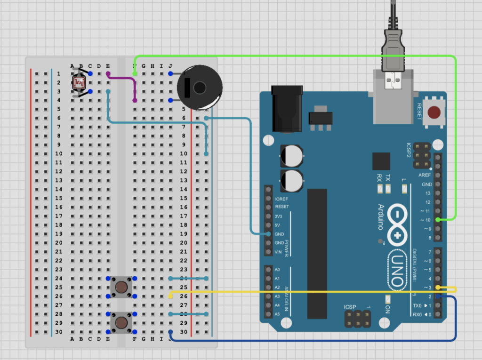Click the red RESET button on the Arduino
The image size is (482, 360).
click(x=435, y=112)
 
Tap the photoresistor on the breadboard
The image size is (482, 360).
click(x=79, y=83)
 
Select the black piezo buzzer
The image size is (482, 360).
click(x=199, y=88)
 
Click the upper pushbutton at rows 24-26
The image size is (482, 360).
click(x=121, y=287)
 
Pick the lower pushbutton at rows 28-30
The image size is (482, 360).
click(x=121, y=322)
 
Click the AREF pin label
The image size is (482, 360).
click(x=425, y=175)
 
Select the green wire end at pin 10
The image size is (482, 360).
click(x=439, y=220)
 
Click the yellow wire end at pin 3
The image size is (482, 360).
click(x=439, y=287)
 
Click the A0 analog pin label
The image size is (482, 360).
click(x=277, y=270)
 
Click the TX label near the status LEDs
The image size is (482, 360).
click(x=387, y=178)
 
